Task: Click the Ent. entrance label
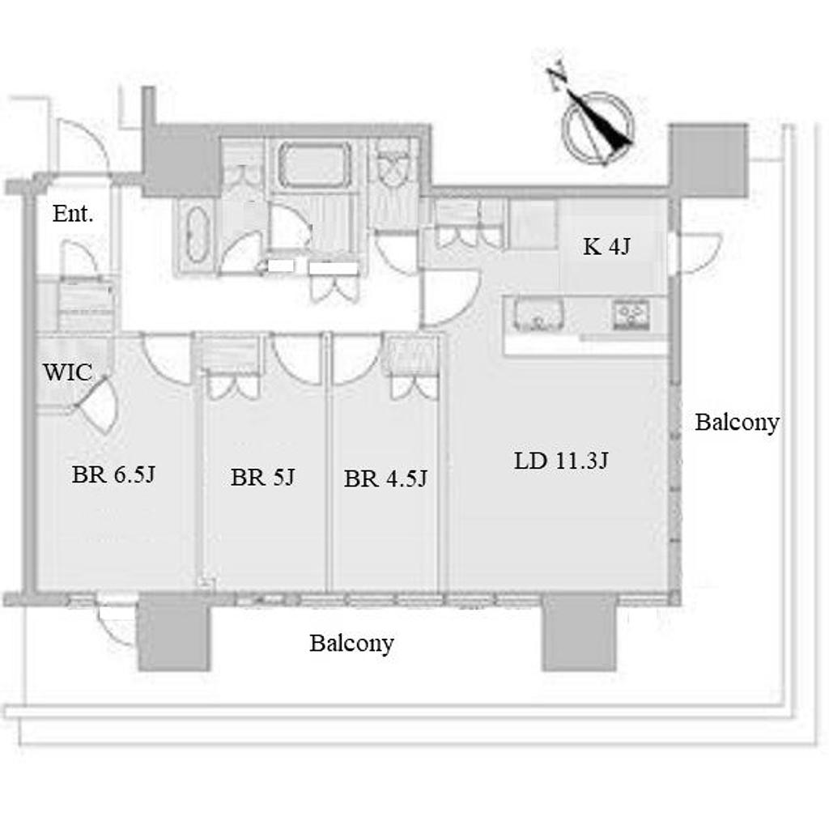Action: (x=73, y=214)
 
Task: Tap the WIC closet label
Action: (x=68, y=372)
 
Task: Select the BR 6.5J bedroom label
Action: (x=113, y=474)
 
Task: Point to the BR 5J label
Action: (x=262, y=477)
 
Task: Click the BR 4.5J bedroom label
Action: (x=385, y=478)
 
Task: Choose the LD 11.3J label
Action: (x=562, y=461)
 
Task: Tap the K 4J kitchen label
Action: (x=606, y=246)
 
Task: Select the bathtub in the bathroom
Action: (x=315, y=164)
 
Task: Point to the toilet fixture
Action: (x=392, y=165)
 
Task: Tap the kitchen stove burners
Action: (x=631, y=314)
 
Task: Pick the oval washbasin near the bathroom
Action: (x=197, y=234)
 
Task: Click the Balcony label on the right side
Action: (x=737, y=422)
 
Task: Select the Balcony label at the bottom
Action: (x=351, y=643)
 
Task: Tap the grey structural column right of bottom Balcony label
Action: (x=580, y=633)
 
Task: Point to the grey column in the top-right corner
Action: (x=708, y=161)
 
